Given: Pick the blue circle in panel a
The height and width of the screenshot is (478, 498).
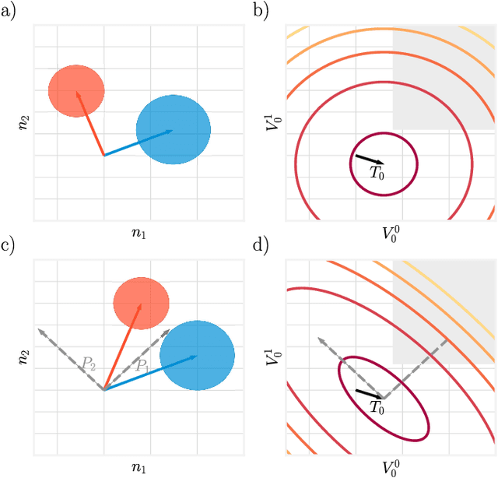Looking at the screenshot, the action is tap(173, 130).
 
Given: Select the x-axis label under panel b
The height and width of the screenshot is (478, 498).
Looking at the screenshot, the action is tap(390, 233).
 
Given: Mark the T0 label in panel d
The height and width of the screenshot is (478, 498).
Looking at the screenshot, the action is tap(377, 407).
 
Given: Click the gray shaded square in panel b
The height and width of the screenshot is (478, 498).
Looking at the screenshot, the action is tap(444, 78).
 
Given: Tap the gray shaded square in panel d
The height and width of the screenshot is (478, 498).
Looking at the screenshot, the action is tap(444, 311).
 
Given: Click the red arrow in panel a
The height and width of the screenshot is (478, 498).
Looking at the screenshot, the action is tap(89, 123).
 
